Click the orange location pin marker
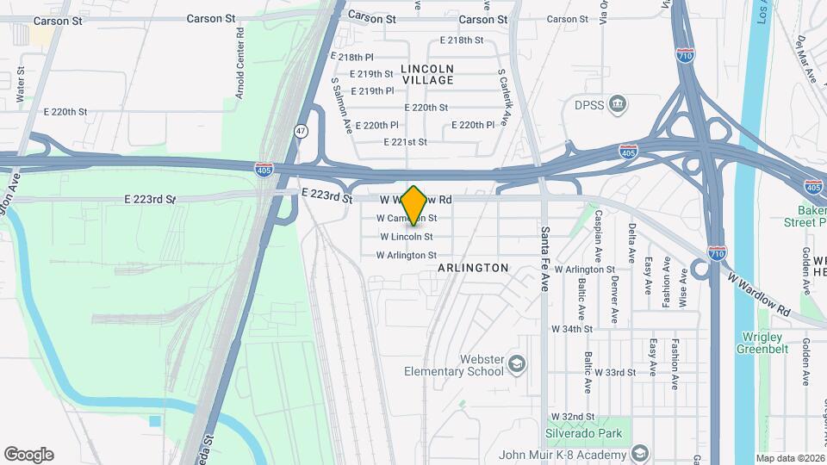(414, 206)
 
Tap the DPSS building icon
(617, 105)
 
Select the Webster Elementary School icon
(516, 363)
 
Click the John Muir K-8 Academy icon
(639, 454)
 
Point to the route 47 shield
(300, 132)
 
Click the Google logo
(28, 455)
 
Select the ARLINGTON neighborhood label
(473, 268)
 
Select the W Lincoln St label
(405, 237)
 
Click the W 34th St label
(573, 329)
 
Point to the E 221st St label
(405, 142)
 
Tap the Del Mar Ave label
(806, 59)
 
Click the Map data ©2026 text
(789, 458)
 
